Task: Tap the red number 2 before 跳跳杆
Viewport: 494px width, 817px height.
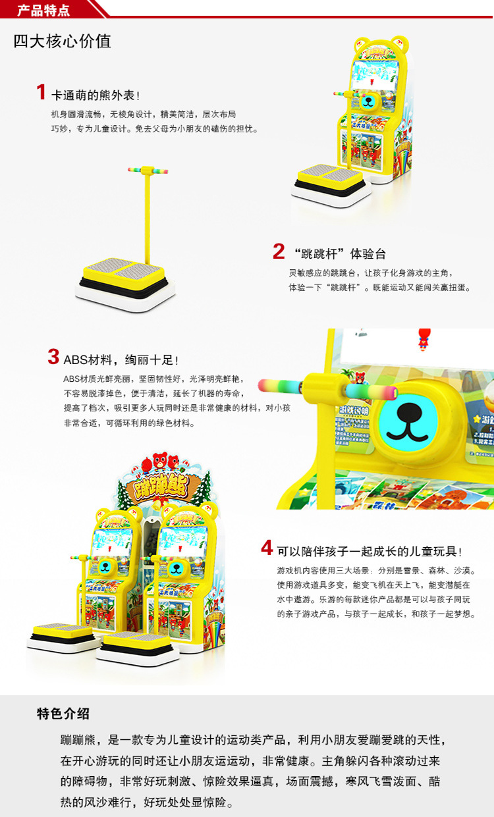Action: (279, 251)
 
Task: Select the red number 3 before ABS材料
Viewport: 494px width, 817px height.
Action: (53, 357)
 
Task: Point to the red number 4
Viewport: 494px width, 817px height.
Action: (266, 548)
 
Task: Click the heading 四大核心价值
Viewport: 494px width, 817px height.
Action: (63, 41)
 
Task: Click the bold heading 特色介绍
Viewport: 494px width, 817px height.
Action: (63, 714)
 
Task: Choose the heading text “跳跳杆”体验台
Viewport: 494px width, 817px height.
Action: (340, 253)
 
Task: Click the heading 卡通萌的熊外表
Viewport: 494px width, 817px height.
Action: (96, 95)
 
